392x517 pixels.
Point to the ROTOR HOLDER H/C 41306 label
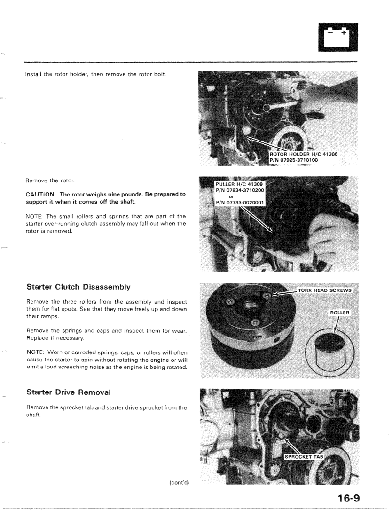click(x=305, y=154)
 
